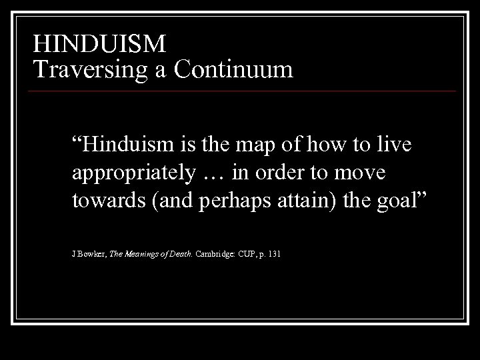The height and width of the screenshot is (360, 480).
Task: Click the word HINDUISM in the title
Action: tap(99, 44)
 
